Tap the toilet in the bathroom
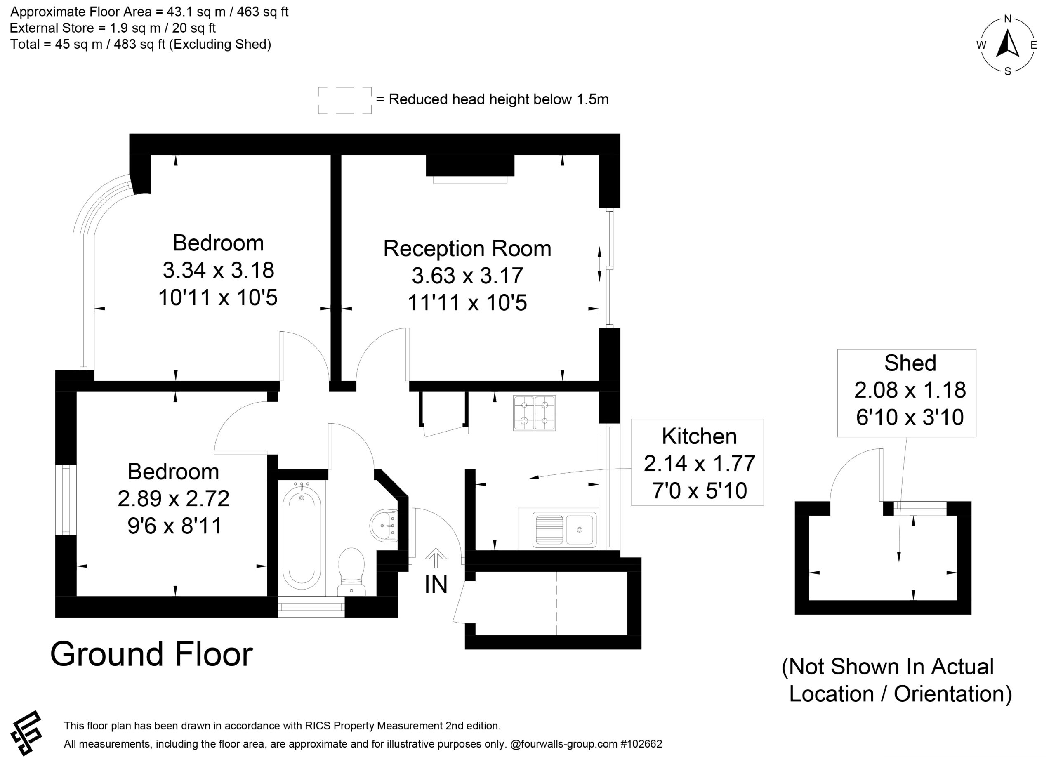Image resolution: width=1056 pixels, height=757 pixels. click(x=351, y=572)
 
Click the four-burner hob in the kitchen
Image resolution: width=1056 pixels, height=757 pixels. click(x=535, y=413)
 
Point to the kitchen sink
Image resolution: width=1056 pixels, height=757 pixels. click(x=565, y=529)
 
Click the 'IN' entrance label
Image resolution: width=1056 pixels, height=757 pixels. click(x=436, y=585)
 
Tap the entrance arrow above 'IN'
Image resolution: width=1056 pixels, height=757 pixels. click(x=436, y=558)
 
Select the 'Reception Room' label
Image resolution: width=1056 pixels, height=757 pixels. click(x=467, y=248)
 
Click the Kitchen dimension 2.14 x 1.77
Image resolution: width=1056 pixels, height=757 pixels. click(x=699, y=463)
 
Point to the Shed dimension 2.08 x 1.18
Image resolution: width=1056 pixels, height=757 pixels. click(x=910, y=390)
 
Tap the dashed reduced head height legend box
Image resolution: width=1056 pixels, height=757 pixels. click(x=345, y=101)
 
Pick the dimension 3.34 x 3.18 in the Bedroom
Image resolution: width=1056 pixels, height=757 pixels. click(x=218, y=270)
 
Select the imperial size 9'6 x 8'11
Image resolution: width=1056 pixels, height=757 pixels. click(x=174, y=526)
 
